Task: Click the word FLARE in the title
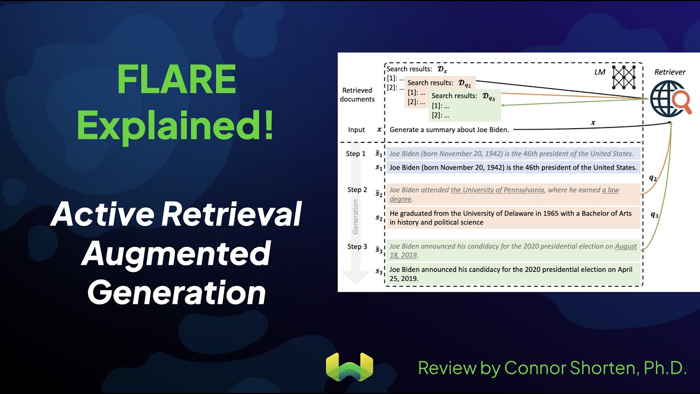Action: click(x=176, y=80)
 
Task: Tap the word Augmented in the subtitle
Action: click(x=176, y=253)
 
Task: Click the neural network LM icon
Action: click(x=625, y=77)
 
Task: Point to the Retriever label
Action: click(x=670, y=72)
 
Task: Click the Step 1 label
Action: click(x=355, y=154)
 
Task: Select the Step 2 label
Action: click(x=357, y=190)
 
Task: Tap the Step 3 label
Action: click(x=357, y=247)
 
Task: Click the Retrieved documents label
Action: click(x=357, y=95)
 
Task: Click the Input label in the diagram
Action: click(x=357, y=130)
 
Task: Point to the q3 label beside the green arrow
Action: click(x=655, y=215)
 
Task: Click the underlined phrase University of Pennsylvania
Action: click(x=497, y=190)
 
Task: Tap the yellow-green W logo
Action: click(x=349, y=367)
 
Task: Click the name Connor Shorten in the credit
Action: click(x=569, y=368)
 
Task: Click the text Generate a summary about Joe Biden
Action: click(x=449, y=130)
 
